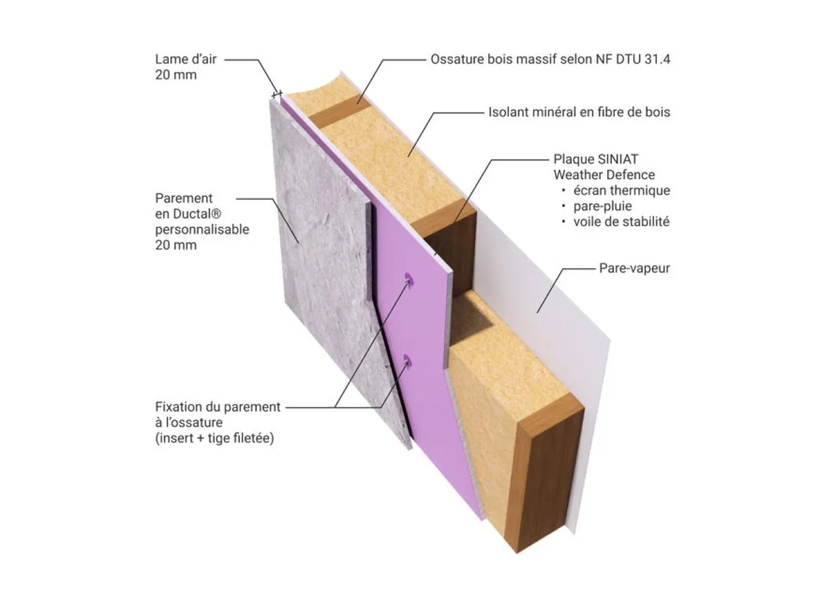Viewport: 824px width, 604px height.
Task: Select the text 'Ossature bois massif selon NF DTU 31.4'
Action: coord(551,59)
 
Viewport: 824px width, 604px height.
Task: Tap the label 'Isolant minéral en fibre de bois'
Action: coord(579,112)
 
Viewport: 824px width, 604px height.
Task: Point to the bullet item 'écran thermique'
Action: coord(622,190)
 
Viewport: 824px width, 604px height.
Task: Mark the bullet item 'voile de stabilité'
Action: coord(622,222)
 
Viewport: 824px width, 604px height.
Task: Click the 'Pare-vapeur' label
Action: coord(634,268)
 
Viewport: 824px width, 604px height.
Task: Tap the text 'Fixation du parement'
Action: coord(218,407)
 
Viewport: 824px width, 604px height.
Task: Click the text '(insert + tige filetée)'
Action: coord(214,438)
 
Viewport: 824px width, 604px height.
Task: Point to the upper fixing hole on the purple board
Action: coord(408,281)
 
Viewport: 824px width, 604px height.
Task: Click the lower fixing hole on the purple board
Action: coord(406,361)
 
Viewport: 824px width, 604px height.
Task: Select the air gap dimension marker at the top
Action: coord(277,94)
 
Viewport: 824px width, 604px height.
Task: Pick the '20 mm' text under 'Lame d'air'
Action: coord(176,75)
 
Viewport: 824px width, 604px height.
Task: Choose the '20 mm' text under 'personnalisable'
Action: coord(176,245)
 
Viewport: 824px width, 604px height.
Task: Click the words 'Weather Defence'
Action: coord(604,174)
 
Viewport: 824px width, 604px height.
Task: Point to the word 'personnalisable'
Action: coord(202,229)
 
